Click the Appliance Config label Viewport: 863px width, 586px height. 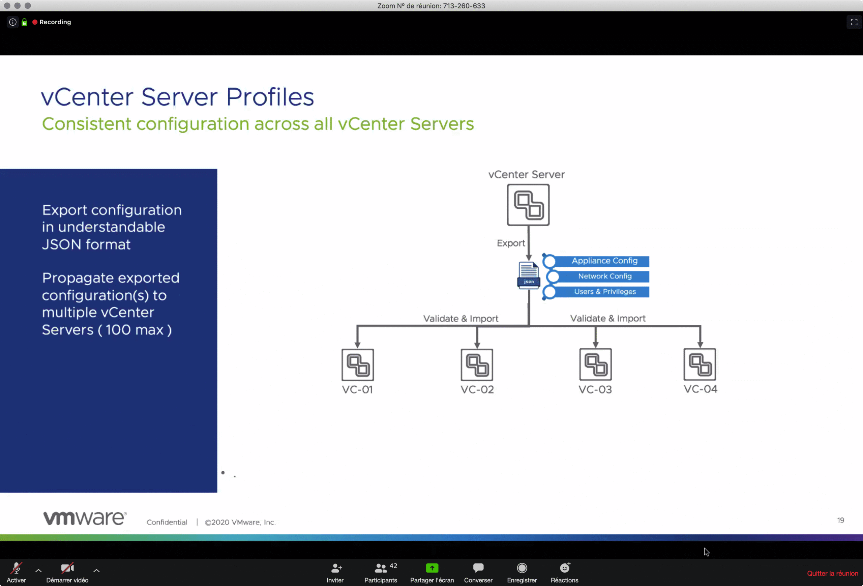(x=604, y=261)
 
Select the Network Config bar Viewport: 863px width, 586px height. (x=598, y=276)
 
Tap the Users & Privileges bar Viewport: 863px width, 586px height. (x=596, y=292)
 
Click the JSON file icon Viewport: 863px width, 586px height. (x=529, y=275)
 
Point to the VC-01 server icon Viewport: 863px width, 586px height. (x=358, y=365)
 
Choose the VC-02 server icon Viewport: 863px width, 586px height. (x=477, y=365)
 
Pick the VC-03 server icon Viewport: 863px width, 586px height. (x=595, y=364)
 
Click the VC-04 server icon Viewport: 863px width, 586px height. (x=700, y=364)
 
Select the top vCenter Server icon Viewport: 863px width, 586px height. (x=528, y=205)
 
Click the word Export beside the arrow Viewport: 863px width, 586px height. (x=511, y=243)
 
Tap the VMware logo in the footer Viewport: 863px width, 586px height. (x=85, y=518)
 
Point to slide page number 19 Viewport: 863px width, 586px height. (x=840, y=520)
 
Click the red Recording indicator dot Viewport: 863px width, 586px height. (x=35, y=22)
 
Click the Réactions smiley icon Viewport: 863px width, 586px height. (x=565, y=567)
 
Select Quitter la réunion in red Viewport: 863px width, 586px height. (x=833, y=574)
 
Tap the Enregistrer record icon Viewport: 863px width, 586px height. (x=522, y=568)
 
